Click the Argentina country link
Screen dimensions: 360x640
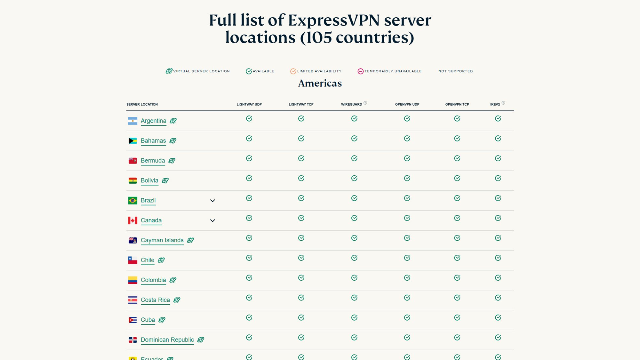click(153, 121)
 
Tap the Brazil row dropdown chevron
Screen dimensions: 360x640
click(212, 201)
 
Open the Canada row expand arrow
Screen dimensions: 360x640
click(212, 220)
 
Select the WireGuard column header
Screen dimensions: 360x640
click(351, 104)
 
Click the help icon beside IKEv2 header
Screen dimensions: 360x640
click(503, 103)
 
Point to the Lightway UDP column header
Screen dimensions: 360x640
click(249, 104)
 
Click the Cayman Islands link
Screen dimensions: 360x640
click(162, 240)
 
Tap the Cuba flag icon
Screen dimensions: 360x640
click(132, 320)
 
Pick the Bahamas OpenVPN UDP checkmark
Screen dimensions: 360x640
click(407, 138)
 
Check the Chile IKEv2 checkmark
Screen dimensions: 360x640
click(498, 258)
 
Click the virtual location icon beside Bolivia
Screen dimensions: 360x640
click(165, 180)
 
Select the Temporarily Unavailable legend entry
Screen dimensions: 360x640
click(389, 71)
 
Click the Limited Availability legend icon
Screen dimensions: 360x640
click(293, 71)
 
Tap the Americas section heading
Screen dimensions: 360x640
click(320, 83)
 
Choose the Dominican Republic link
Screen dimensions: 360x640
click(167, 340)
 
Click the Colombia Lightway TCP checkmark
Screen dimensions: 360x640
click(301, 278)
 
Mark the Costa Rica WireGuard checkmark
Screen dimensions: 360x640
click(354, 298)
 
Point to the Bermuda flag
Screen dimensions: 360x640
click(132, 161)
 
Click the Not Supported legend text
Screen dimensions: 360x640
click(455, 71)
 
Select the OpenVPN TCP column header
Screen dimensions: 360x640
click(457, 104)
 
